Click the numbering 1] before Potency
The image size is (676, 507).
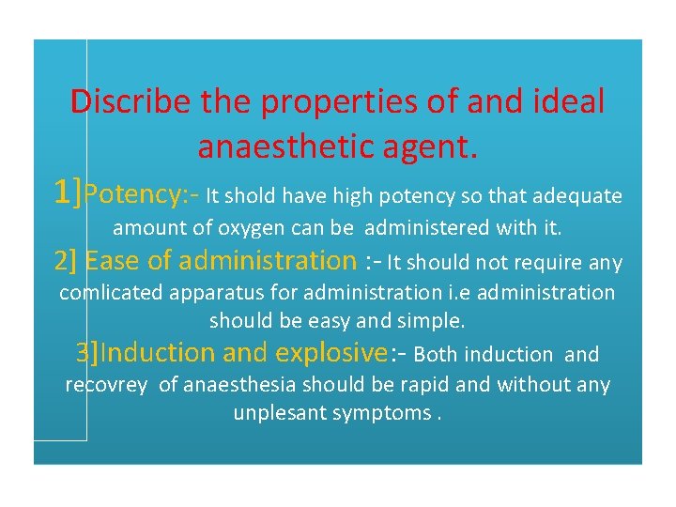pos(69,193)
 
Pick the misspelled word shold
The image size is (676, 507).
pos(251,195)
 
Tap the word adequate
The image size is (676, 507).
pos(576,195)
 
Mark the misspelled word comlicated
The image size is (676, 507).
pos(111,292)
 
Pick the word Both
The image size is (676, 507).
pos(437,354)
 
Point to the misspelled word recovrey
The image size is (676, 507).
pos(106,384)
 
